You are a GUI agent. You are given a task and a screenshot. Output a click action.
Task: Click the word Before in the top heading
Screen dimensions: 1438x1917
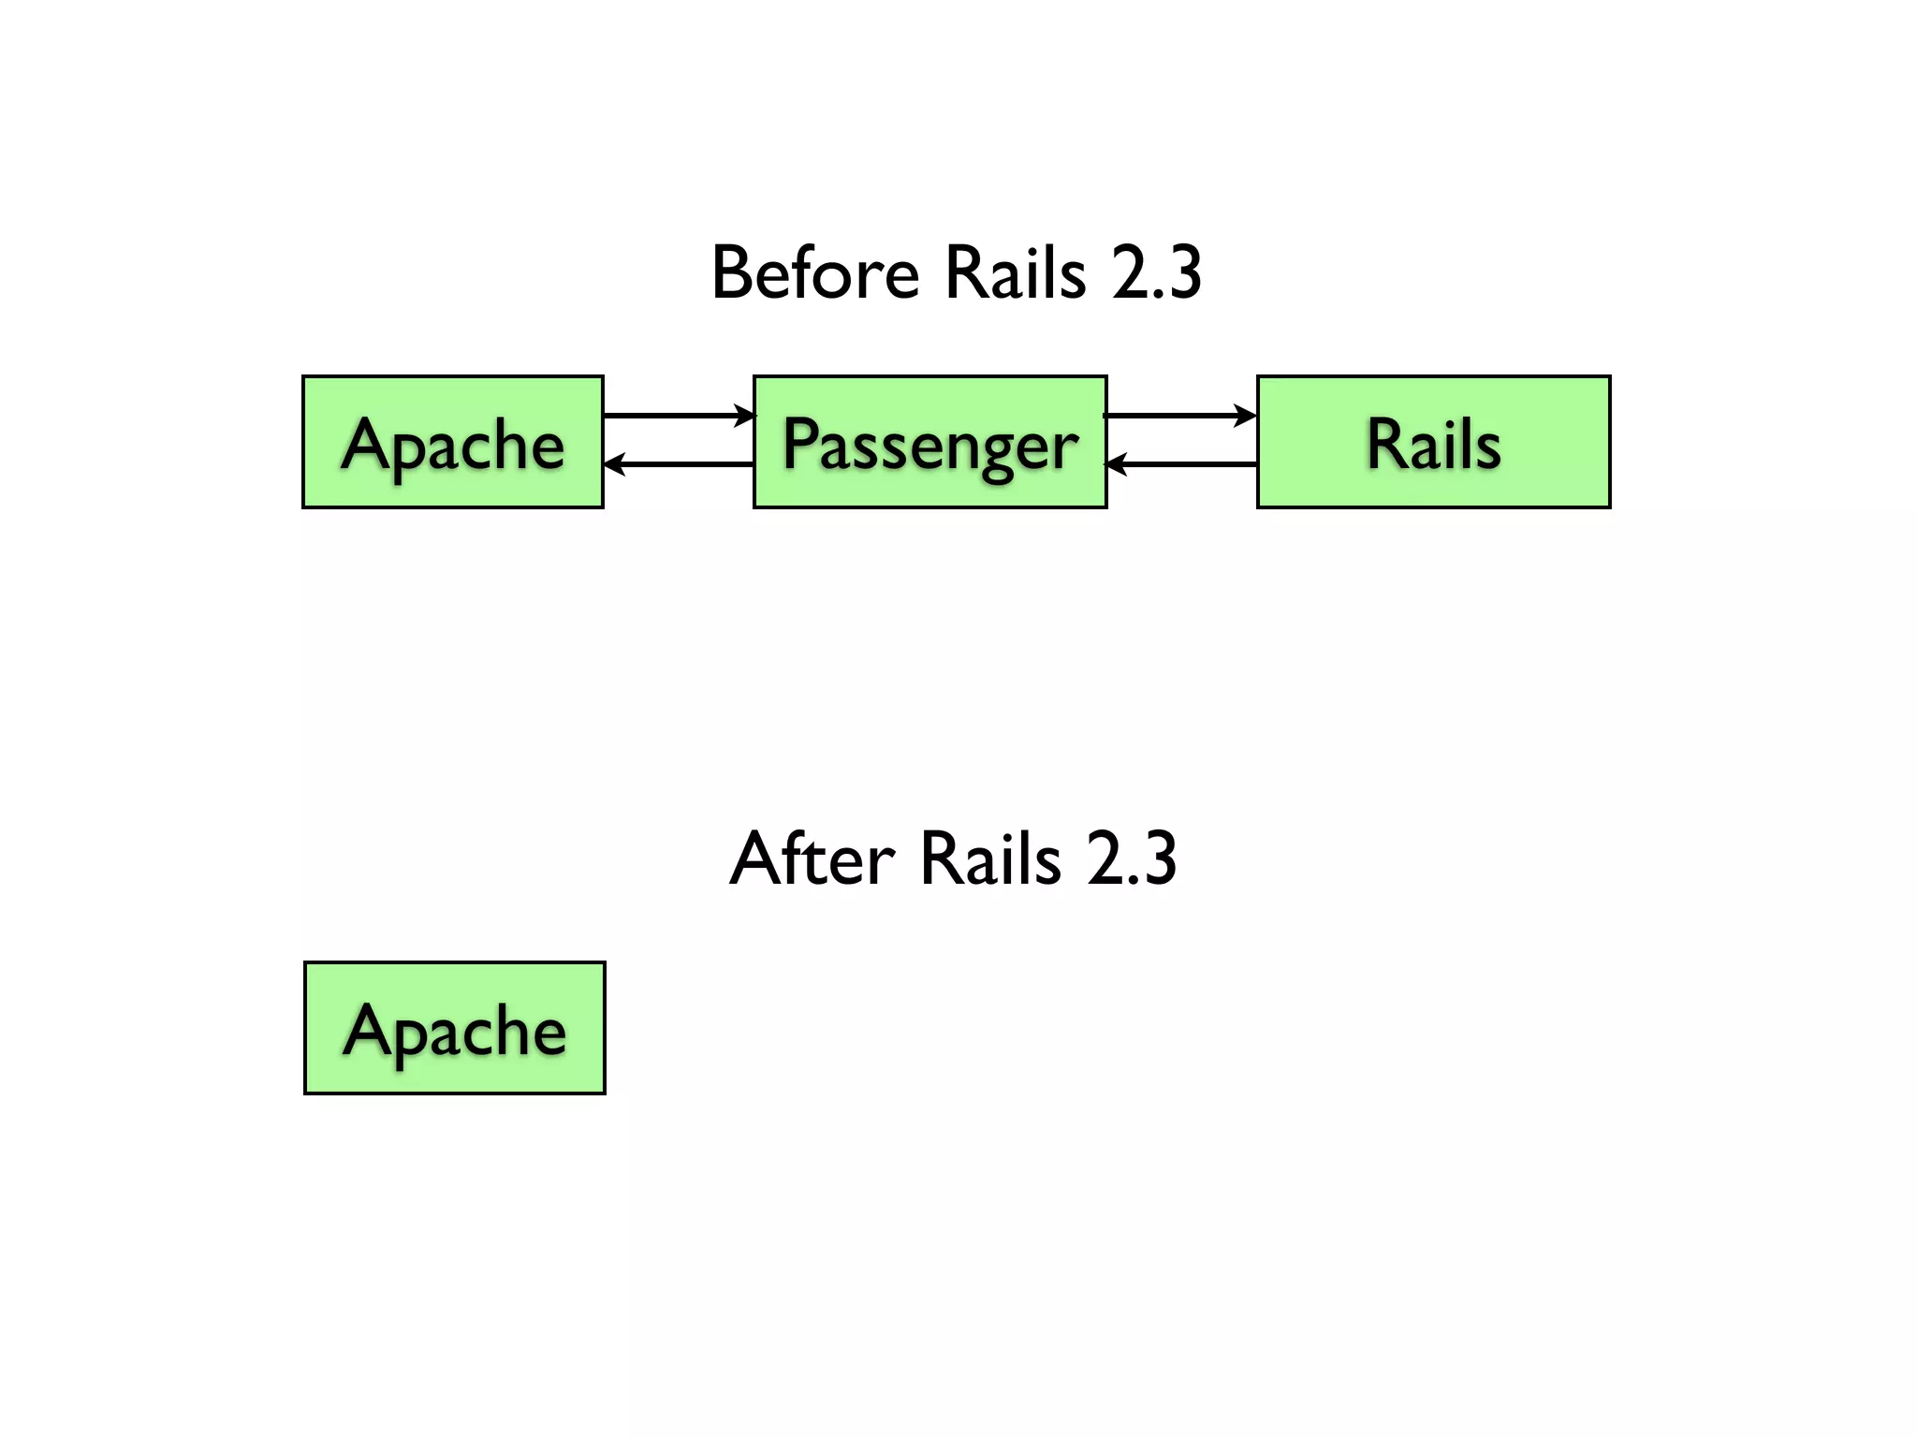pyautogui.click(x=814, y=273)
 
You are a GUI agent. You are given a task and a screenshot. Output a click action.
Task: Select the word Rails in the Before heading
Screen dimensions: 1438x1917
pyautogui.click(x=1016, y=273)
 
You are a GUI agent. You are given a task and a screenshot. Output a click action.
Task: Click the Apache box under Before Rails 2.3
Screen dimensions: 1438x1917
pyautogui.click(x=453, y=442)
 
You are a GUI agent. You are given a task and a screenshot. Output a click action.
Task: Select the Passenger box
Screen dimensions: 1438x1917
pyautogui.click(x=929, y=442)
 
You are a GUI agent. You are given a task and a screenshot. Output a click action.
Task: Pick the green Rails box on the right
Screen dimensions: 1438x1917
pyautogui.click(x=1433, y=442)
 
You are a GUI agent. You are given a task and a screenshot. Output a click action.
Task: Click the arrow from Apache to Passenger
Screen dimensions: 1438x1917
pyautogui.click(x=678, y=415)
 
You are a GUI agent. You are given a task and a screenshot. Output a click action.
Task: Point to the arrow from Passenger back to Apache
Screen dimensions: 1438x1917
pyautogui.click(x=680, y=463)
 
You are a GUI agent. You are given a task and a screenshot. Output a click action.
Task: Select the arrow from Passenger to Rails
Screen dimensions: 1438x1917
pyautogui.click(x=1179, y=415)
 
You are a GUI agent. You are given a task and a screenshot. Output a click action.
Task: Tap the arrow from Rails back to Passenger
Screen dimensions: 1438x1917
pyautogui.click(x=1181, y=463)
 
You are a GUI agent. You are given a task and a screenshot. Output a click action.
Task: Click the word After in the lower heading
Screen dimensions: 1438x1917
pyautogui.click(x=812, y=858)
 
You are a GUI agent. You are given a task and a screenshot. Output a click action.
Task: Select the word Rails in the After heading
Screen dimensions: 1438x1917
pyautogui.click(x=990, y=858)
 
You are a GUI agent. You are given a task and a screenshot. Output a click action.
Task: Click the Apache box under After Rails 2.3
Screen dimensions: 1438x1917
pyautogui.click(x=455, y=1027)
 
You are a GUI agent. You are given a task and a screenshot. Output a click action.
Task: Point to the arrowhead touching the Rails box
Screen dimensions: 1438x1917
pyautogui.click(x=1246, y=415)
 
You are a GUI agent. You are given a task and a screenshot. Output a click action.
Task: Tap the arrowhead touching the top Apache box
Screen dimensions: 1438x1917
pyautogui.click(x=615, y=463)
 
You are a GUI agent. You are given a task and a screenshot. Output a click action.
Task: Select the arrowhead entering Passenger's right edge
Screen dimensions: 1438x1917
pyautogui.click(x=1117, y=463)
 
